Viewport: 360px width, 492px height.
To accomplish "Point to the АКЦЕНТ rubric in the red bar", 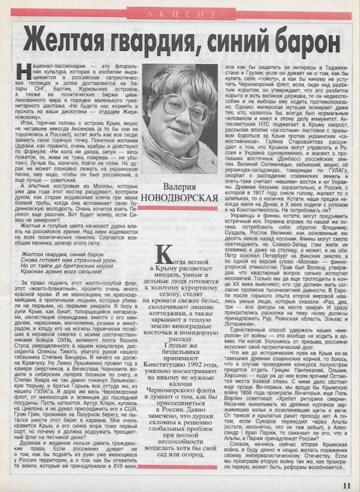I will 181,14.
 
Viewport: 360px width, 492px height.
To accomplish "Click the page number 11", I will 347,485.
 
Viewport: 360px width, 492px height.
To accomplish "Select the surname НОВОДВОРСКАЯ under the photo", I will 179,198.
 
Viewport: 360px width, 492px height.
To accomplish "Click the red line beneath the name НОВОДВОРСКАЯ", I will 179,208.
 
